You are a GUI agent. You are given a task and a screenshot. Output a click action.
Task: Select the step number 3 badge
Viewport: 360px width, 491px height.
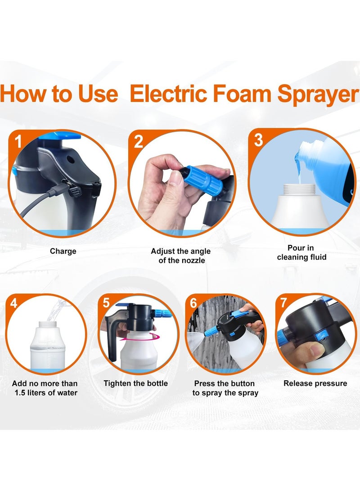point(258,140)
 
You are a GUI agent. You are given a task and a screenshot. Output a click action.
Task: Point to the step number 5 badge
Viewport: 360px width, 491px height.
point(106,303)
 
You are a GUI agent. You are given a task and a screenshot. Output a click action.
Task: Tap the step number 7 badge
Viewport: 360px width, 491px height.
point(283,303)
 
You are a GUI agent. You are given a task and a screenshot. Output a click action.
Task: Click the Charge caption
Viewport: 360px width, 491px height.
point(63,251)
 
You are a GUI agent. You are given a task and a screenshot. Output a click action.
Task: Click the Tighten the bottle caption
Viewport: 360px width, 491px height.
point(135,383)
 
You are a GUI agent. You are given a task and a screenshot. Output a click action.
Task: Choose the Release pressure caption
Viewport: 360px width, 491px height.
point(315,383)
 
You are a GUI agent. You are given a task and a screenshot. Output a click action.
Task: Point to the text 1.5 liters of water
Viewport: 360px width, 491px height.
point(45,393)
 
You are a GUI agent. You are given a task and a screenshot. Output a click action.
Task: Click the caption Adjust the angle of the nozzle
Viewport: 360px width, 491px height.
point(180,256)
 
